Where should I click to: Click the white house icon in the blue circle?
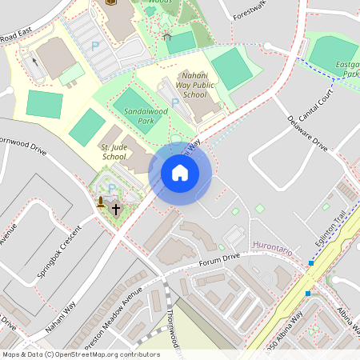[180, 172]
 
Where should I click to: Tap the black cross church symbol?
[115, 210]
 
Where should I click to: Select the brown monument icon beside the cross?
[101, 202]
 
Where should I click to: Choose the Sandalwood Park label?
[134, 117]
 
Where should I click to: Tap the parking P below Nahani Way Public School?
[175, 102]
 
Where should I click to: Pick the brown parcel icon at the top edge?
[110, 2]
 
